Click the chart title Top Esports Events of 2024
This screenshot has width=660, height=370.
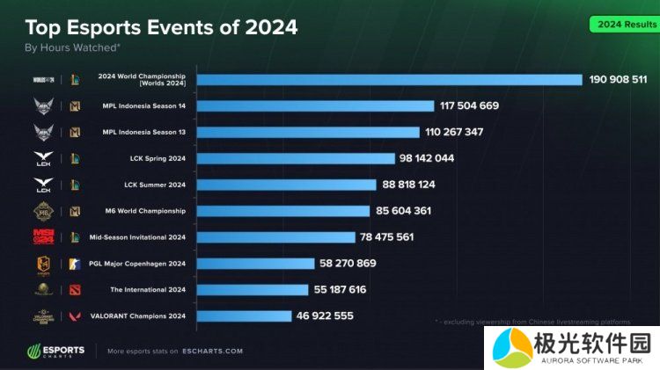(161, 27)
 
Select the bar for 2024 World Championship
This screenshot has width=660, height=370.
(389, 79)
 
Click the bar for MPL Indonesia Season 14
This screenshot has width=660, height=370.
(315, 105)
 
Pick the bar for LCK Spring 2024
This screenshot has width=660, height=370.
(296, 158)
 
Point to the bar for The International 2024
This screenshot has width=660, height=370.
(253, 289)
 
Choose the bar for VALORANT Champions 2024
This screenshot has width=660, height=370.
(244, 316)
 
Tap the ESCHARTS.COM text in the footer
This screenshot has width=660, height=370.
(212, 351)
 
